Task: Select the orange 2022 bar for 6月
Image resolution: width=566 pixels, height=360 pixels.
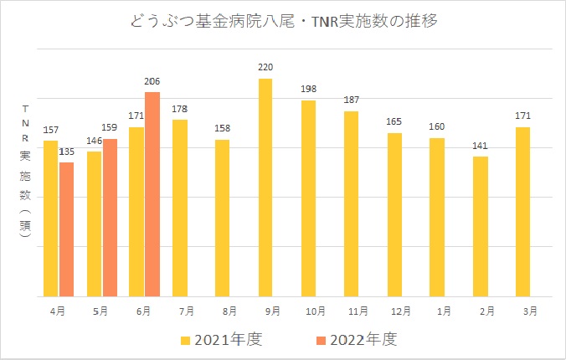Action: (152, 194)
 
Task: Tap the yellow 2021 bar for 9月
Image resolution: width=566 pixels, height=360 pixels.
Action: (265, 188)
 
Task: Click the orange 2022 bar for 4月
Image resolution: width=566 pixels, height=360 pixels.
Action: (66, 229)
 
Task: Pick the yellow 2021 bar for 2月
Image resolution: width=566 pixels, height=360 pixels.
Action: (480, 226)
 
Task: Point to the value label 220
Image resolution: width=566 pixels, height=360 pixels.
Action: (265, 68)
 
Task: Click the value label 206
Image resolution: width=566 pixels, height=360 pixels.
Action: (152, 81)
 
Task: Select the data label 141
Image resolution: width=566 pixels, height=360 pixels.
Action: (480, 146)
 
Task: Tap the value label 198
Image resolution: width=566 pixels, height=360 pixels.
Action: (308, 90)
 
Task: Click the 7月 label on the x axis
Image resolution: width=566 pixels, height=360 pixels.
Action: (180, 311)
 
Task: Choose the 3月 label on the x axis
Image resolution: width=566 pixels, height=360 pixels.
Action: (523, 311)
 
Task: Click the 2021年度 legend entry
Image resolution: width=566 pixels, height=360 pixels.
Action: (224, 339)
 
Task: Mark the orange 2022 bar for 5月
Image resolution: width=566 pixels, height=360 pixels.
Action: (110, 218)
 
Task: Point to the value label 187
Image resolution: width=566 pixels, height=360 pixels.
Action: (351, 100)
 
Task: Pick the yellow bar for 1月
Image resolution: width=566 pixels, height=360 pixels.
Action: (437, 217)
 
